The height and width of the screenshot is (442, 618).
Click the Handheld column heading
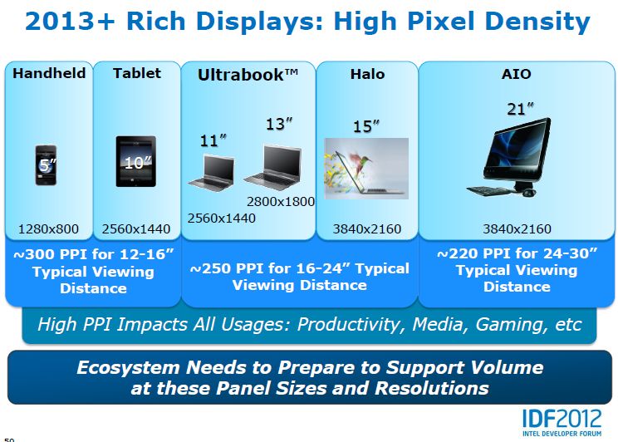[49, 73]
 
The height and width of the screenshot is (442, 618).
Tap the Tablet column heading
[137, 73]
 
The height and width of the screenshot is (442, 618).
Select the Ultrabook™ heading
[248, 75]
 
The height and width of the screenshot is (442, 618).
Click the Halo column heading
[367, 74]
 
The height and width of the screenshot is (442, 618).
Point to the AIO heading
[517, 74]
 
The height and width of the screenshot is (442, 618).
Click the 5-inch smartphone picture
[46, 165]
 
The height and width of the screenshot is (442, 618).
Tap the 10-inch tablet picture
[136, 162]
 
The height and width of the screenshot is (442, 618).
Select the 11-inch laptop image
[212, 173]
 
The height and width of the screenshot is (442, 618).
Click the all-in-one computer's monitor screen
[517, 148]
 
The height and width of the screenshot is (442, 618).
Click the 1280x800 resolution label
[48, 229]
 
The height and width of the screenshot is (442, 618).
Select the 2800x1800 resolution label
[281, 202]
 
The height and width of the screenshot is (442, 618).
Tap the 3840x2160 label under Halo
[367, 229]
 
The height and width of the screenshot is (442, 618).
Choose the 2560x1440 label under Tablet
[136, 229]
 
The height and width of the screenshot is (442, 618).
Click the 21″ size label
[520, 109]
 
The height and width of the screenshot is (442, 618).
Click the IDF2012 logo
[562, 422]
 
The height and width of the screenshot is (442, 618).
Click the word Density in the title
[537, 22]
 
